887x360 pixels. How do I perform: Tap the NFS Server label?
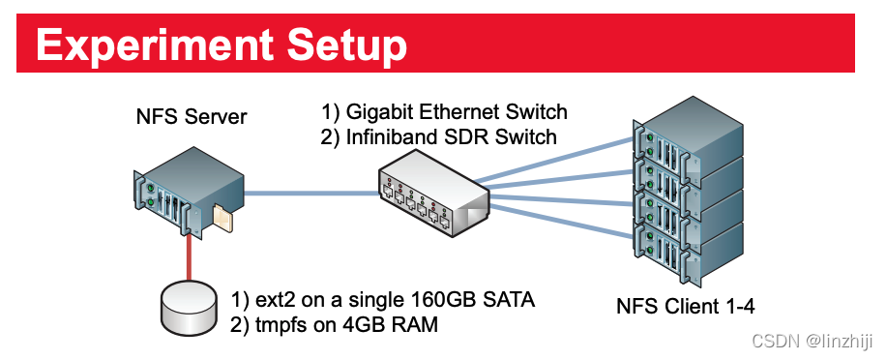pyautogui.click(x=192, y=117)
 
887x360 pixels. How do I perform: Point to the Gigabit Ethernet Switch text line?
pyautogui.click(x=444, y=111)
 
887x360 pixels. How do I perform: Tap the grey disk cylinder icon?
pyautogui.click(x=187, y=308)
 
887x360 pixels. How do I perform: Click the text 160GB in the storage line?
pyautogui.click(x=453, y=300)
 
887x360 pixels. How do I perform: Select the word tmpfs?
pyautogui.click(x=280, y=325)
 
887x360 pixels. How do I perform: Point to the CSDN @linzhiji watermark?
pyautogui.click(x=813, y=340)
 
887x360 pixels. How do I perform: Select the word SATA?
pyautogui.click(x=511, y=300)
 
